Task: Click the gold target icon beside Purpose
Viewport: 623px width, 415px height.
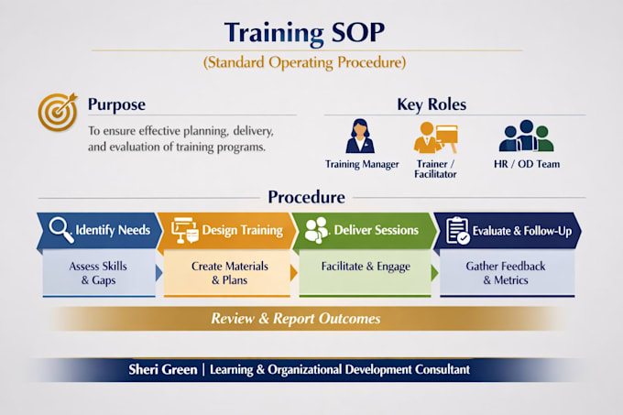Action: click(58, 112)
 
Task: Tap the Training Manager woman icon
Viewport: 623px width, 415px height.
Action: click(360, 137)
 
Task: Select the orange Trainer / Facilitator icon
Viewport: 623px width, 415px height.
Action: click(435, 137)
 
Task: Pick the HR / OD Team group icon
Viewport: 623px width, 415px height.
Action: click(527, 136)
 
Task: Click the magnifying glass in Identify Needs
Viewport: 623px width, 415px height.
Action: click(61, 230)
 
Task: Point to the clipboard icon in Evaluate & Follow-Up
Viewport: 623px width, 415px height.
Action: click(458, 230)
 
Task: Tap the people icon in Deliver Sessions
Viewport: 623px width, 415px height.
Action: click(316, 230)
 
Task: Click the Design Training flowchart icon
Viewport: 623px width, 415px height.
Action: click(185, 230)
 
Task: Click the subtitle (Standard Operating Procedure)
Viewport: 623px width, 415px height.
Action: click(305, 62)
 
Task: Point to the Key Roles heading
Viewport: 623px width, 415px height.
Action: click(432, 104)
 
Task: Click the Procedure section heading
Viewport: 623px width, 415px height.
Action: click(306, 197)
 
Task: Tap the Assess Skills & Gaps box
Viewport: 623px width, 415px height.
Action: click(99, 273)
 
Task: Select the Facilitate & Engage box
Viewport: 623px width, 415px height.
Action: click(366, 273)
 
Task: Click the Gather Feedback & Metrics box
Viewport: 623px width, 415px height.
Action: click(507, 273)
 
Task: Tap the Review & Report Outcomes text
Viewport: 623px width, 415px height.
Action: click(296, 319)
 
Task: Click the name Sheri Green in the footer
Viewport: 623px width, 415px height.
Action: click(163, 370)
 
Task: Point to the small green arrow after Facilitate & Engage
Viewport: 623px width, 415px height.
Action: click(434, 273)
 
